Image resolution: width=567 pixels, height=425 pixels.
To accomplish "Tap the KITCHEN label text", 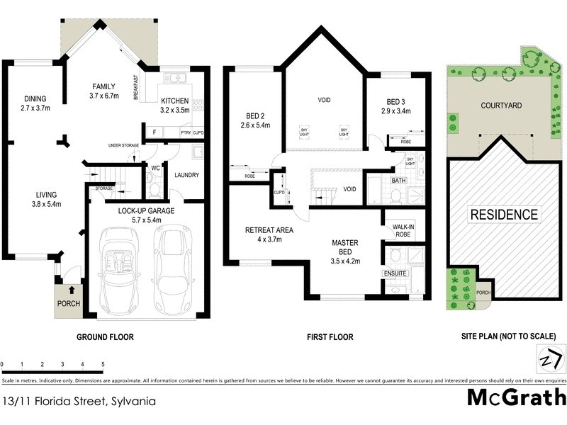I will pos(175,100).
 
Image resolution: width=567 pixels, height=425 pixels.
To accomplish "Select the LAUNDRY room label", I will pos(185,175).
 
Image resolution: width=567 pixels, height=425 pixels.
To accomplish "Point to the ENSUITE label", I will pos(395,273).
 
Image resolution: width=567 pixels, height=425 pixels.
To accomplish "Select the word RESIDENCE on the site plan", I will pos(504,215).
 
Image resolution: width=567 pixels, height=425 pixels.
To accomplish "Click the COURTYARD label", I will pos(501,106).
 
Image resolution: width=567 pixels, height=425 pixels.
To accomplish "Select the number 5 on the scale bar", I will pos(103,364).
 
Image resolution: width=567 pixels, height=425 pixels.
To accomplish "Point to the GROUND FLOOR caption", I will pos(105,337).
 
